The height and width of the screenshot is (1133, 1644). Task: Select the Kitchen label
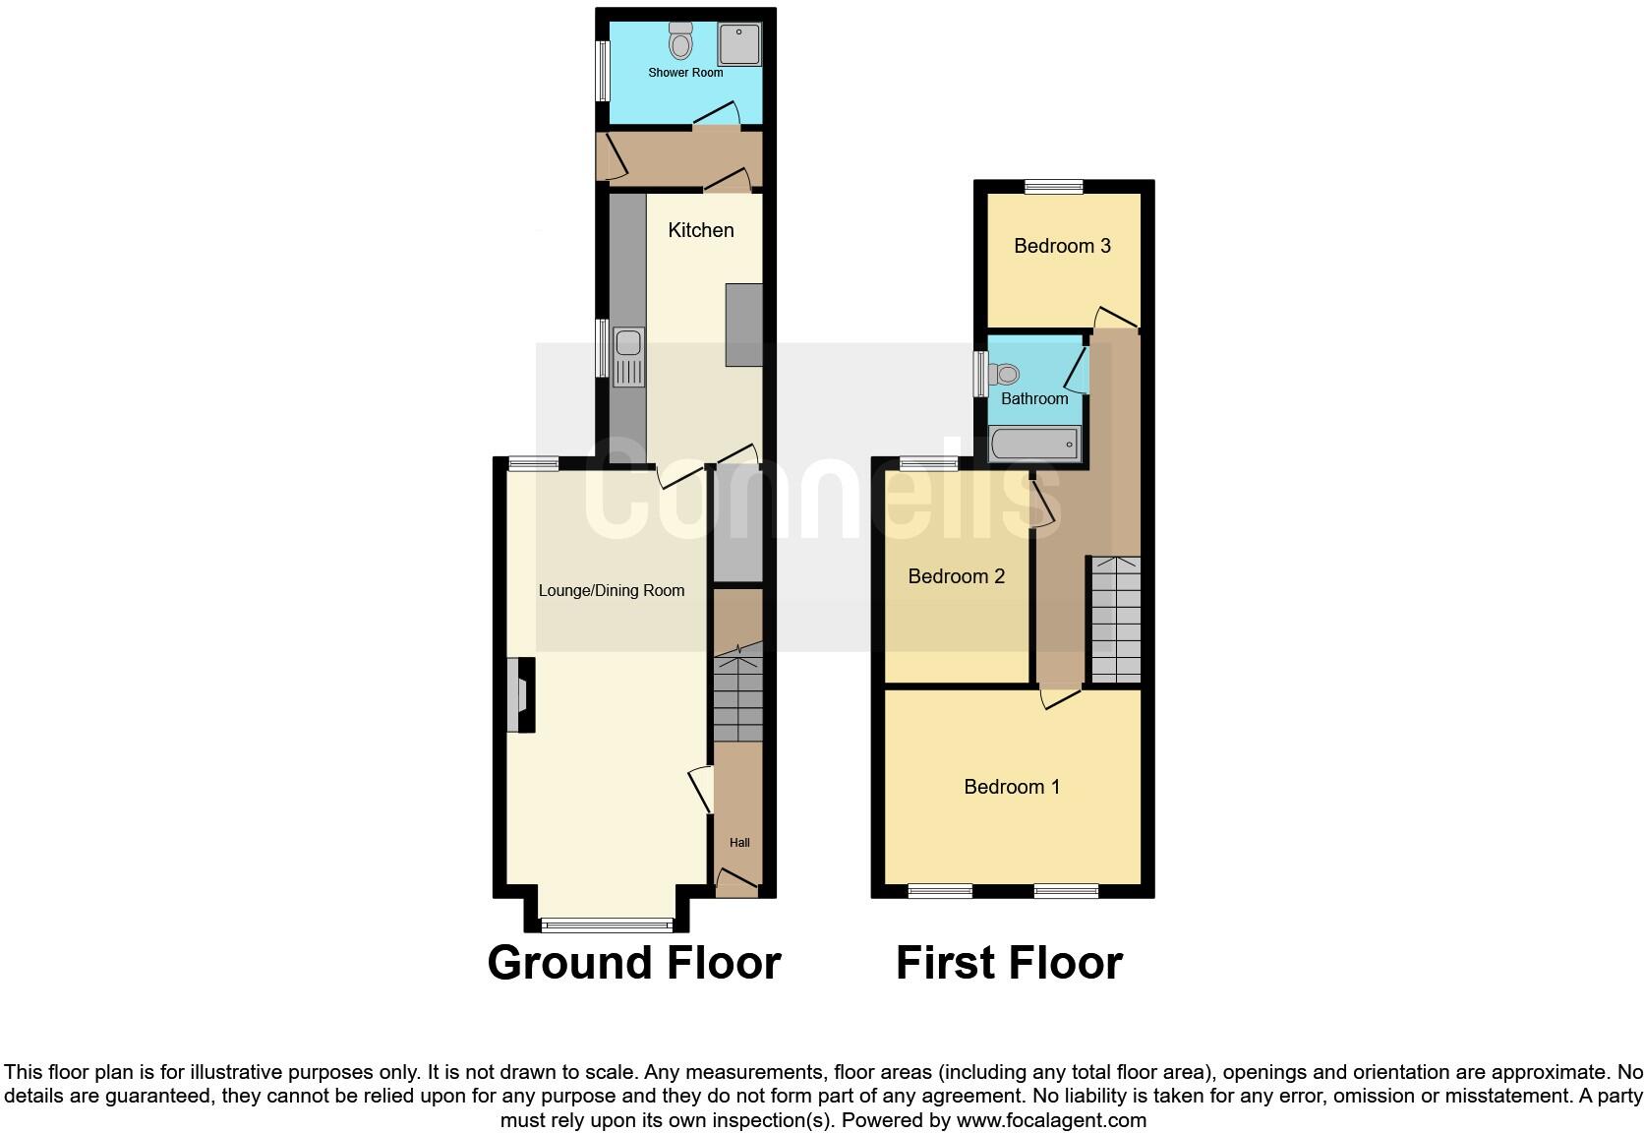701,230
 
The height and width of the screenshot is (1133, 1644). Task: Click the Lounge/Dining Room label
612,591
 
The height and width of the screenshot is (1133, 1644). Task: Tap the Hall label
739,843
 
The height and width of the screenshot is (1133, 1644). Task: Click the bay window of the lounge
607,924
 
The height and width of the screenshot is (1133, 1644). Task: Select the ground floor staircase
737,693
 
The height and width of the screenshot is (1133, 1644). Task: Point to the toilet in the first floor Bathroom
1004,375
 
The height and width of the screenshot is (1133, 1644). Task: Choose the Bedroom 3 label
1063,246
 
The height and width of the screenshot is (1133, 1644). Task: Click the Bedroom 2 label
957,576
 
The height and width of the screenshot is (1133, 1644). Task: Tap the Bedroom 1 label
1012,787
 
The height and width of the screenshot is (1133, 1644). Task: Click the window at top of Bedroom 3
1054,186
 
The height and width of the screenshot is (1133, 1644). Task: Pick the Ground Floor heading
634,963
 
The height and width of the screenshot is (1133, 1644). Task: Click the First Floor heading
1009,963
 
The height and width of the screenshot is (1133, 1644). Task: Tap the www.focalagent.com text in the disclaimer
1051,1120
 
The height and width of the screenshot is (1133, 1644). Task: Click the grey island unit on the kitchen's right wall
744,325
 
